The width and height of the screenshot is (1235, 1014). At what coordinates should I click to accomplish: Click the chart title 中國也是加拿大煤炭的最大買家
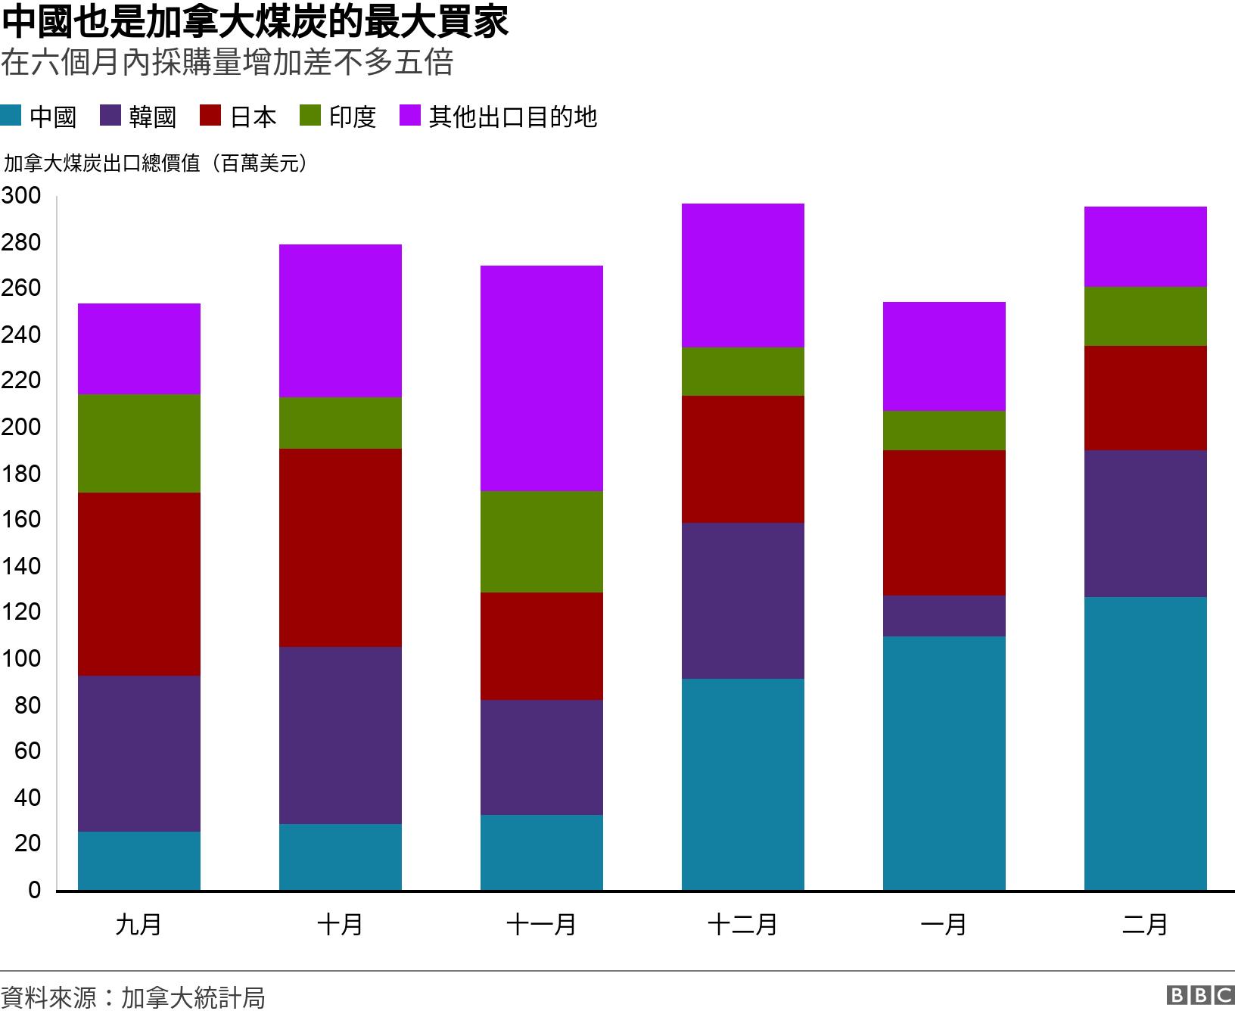[255, 21]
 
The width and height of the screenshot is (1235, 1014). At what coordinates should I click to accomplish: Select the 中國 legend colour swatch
[11, 116]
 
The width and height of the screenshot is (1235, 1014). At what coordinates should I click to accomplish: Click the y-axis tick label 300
[21, 196]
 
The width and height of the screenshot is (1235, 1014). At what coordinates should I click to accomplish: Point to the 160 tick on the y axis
[21, 520]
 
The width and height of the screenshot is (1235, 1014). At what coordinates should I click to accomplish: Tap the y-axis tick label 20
[27, 844]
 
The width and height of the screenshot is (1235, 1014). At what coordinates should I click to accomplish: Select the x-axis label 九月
[138, 925]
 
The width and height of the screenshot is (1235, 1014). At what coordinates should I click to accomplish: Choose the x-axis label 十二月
[742, 925]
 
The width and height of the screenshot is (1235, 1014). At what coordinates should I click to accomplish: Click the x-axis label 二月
[1145, 925]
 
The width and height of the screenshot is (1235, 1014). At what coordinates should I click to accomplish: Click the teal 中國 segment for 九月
[139, 861]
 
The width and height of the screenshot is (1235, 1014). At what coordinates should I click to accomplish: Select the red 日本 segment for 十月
[341, 548]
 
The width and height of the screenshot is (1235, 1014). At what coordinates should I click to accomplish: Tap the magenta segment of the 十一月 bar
[542, 378]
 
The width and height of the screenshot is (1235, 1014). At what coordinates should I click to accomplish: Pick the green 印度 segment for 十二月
[743, 372]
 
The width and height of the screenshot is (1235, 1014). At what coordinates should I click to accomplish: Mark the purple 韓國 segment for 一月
[944, 616]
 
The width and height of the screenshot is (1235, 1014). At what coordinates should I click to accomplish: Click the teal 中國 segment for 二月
[1146, 744]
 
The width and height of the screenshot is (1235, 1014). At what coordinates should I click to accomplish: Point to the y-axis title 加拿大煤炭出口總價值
[155, 163]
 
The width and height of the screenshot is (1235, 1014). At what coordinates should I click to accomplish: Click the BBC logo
[1200, 995]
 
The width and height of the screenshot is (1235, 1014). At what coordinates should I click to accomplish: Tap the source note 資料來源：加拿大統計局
[133, 997]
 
